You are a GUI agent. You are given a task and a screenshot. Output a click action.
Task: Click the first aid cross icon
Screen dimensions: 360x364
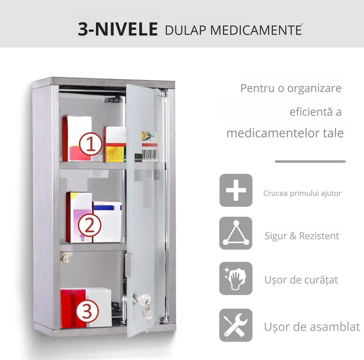coord(236,190)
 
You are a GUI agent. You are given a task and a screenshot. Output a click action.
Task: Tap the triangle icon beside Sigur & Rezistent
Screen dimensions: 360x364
coord(236,233)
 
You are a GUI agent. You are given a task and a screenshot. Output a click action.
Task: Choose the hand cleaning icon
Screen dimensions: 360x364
coord(236,278)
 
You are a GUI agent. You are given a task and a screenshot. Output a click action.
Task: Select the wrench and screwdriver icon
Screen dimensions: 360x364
coord(236,325)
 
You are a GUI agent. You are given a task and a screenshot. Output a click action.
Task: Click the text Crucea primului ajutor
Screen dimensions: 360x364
coord(302,193)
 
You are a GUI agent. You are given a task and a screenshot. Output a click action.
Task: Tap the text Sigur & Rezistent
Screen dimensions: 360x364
coord(302,236)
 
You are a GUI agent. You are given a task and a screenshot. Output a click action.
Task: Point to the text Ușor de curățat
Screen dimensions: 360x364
coord(301,280)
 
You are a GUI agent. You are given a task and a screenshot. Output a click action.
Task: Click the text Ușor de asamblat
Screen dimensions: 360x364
coord(312,326)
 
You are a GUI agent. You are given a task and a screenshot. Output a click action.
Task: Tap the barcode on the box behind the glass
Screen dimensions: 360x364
coord(150,154)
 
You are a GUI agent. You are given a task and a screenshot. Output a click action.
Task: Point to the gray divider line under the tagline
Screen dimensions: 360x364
coord(310,162)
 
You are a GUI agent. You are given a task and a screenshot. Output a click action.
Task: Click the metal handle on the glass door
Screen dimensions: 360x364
coord(128,265)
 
